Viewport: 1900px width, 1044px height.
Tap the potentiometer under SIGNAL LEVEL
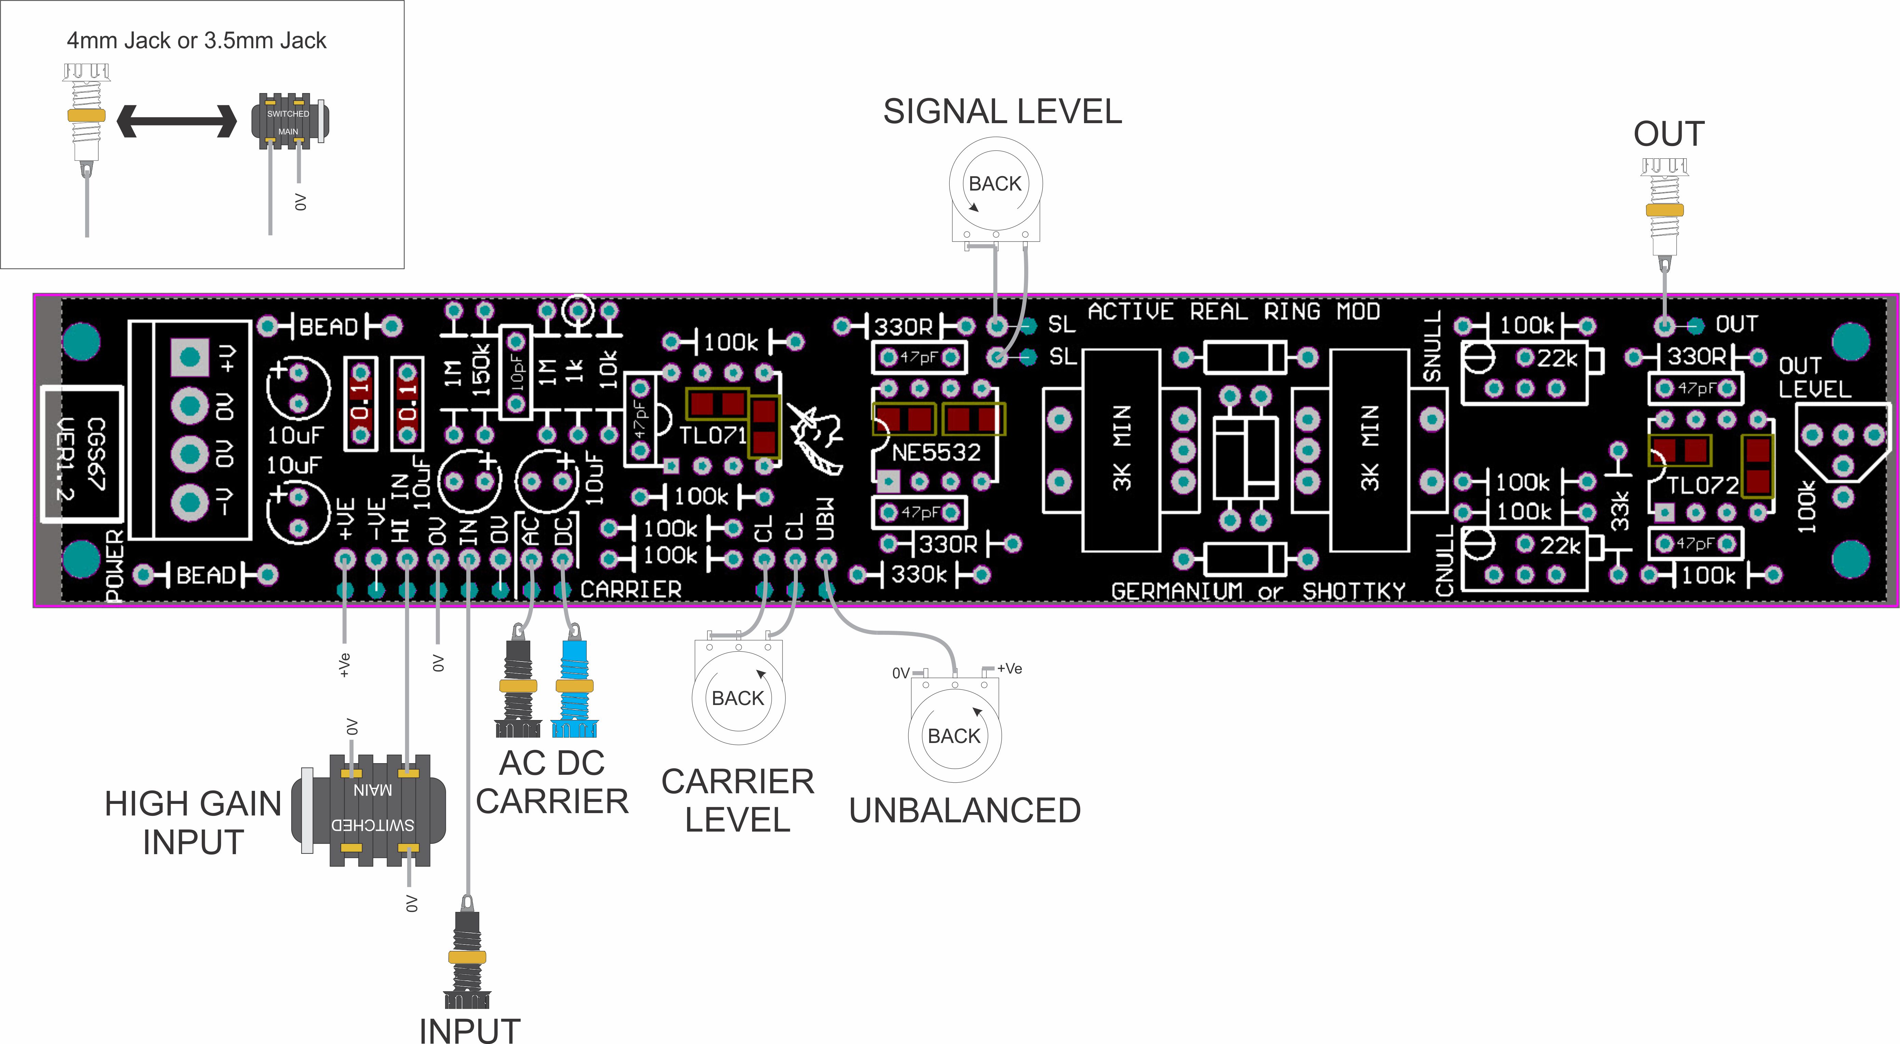coord(995,184)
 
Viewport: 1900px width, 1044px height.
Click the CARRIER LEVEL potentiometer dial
coord(738,697)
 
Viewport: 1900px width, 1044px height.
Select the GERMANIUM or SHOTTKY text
coord(1258,591)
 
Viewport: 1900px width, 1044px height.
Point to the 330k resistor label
coord(918,574)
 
